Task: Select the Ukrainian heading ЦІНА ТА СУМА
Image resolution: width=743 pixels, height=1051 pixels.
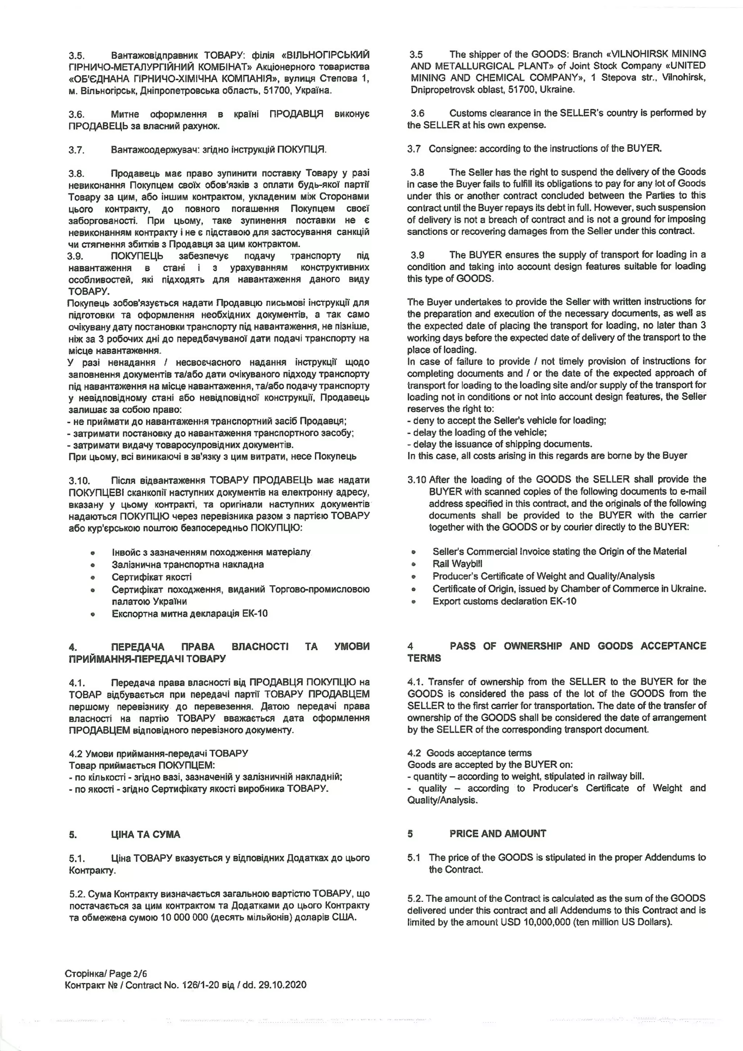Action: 145,834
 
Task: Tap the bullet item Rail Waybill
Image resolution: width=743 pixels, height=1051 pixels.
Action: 457,564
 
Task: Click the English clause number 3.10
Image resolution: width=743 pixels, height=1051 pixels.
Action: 416,479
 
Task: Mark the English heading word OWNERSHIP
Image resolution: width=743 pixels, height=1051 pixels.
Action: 533,646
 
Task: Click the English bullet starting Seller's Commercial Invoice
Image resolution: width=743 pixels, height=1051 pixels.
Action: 559,551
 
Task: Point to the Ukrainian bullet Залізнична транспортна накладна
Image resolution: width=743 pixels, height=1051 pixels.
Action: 188,564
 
